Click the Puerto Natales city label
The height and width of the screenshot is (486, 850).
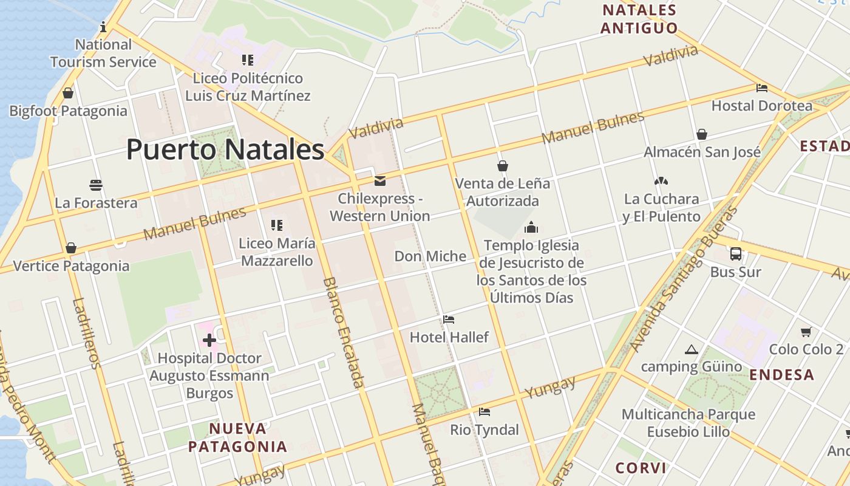(x=225, y=149)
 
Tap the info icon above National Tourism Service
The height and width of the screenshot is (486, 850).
(x=103, y=27)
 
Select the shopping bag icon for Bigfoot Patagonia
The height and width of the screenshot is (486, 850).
(x=68, y=93)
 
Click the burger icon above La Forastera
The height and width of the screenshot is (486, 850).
(x=96, y=185)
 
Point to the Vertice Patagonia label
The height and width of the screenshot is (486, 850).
(x=71, y=266)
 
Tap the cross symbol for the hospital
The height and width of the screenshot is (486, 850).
(x=209, y=340)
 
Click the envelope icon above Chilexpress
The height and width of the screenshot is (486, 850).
(x=380, y=180)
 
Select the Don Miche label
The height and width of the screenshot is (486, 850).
(x=430, y=256)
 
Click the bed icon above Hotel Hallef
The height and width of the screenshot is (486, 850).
(x=449, y=320)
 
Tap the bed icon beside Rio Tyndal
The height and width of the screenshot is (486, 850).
(x=484, y=412)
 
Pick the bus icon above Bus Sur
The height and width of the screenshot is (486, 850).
(x=735, y=254)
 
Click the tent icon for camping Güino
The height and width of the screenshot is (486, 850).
(x=691, y=349)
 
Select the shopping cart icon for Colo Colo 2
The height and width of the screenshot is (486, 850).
(x=806, y=332)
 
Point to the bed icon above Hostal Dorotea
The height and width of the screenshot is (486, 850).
(x=761, y=88)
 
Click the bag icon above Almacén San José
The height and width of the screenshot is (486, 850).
(x=702, y=134)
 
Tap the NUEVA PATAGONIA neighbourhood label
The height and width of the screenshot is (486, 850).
(x=237, y=437)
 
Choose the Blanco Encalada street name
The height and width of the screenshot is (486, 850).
(x=344, y=332)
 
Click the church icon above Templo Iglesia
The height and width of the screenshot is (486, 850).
(x=531, y=228)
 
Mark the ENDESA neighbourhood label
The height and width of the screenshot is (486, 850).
(x=782, y=375)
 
